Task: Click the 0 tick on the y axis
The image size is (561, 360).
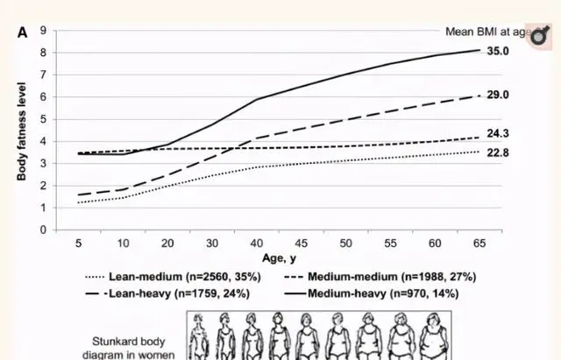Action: (43, 229)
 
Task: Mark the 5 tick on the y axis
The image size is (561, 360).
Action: (43, 119)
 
